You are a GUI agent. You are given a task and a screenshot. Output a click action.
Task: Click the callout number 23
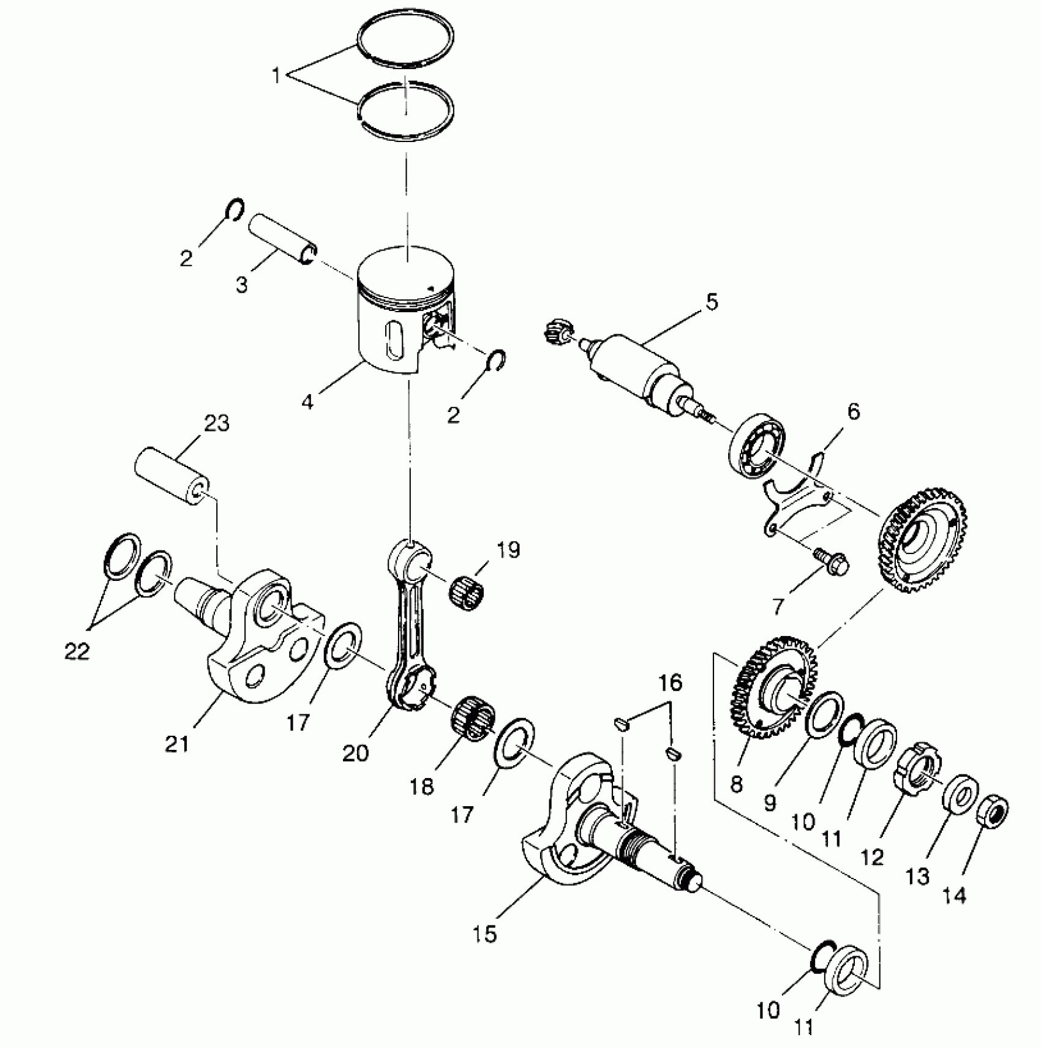(217, 424)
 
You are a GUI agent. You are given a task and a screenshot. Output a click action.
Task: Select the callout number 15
(484, 935)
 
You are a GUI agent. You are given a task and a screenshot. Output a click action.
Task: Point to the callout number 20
(356, 753)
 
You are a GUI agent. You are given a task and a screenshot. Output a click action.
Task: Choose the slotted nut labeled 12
(917, 778)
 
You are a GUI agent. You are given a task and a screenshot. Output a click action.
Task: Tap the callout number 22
(77, 651)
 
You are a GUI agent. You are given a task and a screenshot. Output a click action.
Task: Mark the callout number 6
(853, 412)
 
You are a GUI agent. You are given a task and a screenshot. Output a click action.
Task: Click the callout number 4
(307, 402)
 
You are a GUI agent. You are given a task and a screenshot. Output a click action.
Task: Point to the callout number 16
(671, 683)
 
